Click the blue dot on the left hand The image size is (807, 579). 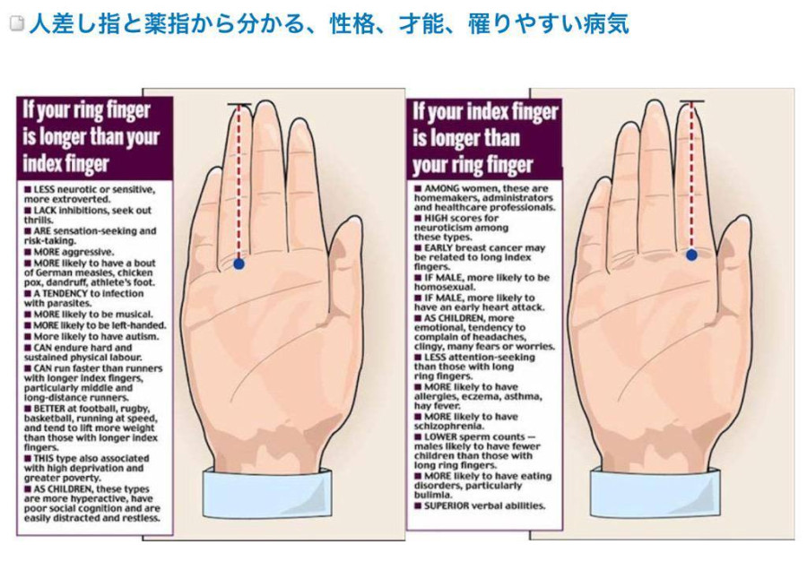click(x=239, y=264)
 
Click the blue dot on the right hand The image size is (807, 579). click(x=691, y=255)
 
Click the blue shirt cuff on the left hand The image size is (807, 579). click(x=267, y=491)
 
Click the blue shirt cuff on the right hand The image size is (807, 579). click(x=654, y=491)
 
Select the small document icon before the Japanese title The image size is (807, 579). click(x=17, y=23)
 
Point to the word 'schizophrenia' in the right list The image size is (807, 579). click(x=448, y=426)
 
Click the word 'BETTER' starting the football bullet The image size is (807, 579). click(x=49, y=409)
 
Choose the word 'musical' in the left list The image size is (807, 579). click(x=134, y=315)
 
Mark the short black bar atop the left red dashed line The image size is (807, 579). click(x=239, y=105)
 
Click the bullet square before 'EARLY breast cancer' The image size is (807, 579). click(x=418, y=247)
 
